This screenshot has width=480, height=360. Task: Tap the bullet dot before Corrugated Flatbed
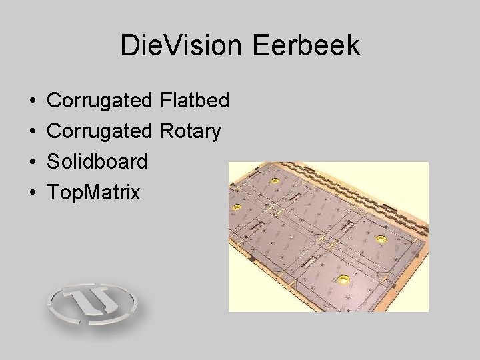(x=33, y=101)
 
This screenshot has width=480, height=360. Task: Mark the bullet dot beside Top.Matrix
(x=33, y=193)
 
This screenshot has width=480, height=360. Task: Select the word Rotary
(x=191, y=132)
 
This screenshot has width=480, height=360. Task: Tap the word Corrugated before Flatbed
(x=100, y=101)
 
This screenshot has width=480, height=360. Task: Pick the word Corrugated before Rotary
(x=100, y=132)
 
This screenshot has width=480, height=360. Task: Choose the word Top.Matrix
(x=94, y=193)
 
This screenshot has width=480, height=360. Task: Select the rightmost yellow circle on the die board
(x=381, y=239)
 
